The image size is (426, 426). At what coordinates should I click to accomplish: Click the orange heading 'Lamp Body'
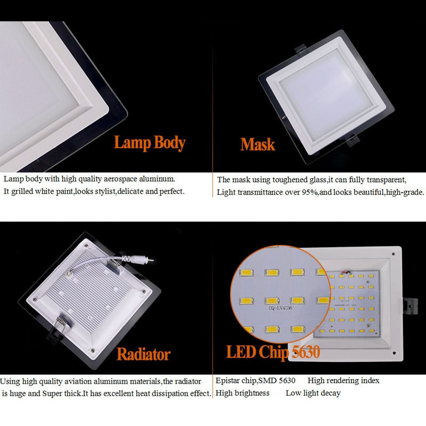[150, 143]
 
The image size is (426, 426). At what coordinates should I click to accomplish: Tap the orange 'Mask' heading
[258, 144]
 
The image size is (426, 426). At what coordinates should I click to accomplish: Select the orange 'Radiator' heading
[144, 354]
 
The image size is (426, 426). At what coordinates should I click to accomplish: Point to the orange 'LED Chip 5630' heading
[273, 352]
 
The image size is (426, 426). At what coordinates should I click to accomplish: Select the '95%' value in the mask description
[311, 192]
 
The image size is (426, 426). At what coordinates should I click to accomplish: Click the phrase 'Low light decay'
[313, 394]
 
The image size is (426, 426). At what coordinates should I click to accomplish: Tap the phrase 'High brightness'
[243, 394]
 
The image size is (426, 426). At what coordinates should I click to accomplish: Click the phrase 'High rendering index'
[343, 381]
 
